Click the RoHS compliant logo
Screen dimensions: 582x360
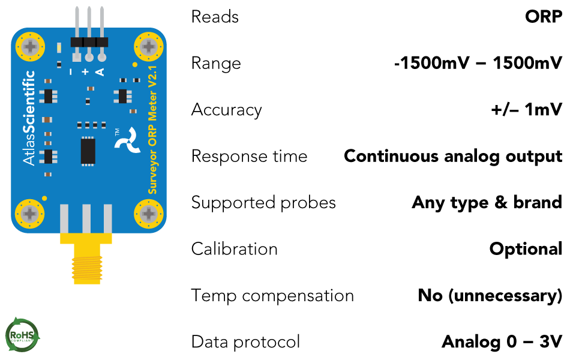pyautogui.click(x=22, y=335)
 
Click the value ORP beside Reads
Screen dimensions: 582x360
pyautogui.click(x=543, y=17)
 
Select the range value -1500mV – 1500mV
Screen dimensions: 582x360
pyautogui.click(x=478, y=64)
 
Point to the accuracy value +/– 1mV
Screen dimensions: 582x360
pyautogui.click(x=526, y=110)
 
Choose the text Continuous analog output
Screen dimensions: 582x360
pyautogui.click(x=453, y=157)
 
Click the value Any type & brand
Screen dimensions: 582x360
pyautogui.click(x=487, y=203)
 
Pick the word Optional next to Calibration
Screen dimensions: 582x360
pyautogui.click(x=526, y=249)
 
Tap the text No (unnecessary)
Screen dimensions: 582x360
pyautogui.click(x=490, y=296)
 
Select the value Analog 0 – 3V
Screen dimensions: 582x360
pyautogui.click(x=502, y=342)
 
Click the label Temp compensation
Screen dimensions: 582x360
pyautogui.click(x=272, y=296)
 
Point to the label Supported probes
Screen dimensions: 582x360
pyautogui.click(x=263, y=203)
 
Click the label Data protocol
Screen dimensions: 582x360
pyautogui.click(x=245, y=342)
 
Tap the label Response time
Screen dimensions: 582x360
pyautogui.click(x=249, y=157)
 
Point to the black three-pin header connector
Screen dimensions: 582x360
pyautogui.click(x=89, y=42)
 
